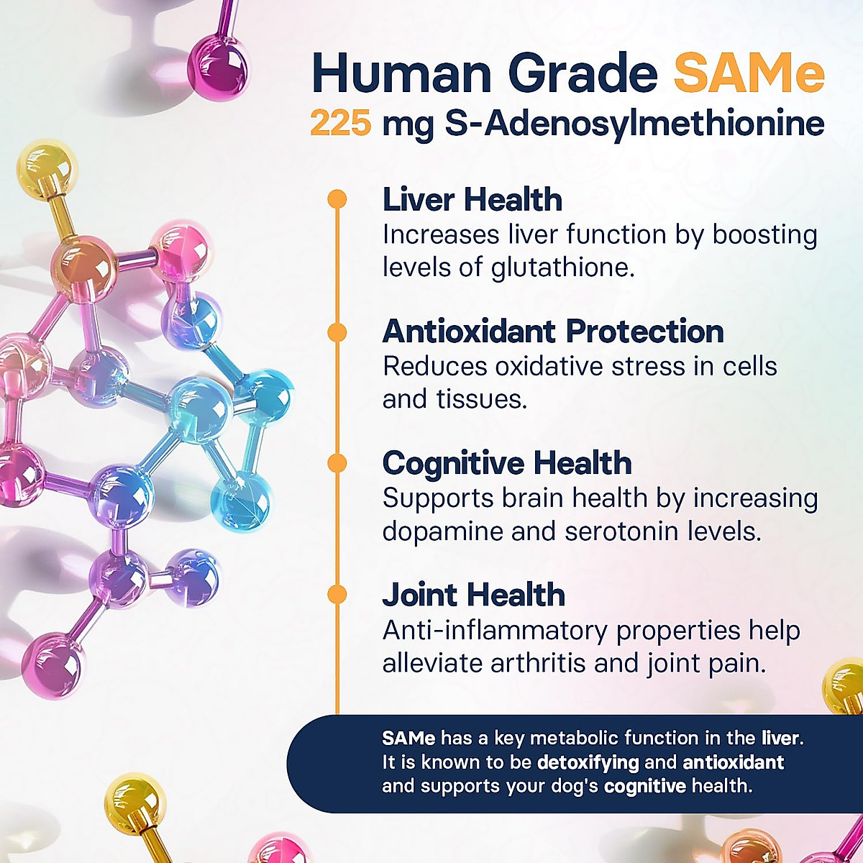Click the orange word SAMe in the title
749,73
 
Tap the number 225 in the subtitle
341,124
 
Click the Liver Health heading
472,200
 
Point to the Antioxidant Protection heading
553,332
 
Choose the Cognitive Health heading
507,463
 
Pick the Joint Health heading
473,595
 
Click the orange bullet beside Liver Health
337,200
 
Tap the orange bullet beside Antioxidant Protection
337,332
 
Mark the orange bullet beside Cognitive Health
337,464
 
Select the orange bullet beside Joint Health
337,595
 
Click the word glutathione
562,268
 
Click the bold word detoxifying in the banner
588,762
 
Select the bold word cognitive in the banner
644,786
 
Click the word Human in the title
403,73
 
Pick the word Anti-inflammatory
496,631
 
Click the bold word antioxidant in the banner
733,762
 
